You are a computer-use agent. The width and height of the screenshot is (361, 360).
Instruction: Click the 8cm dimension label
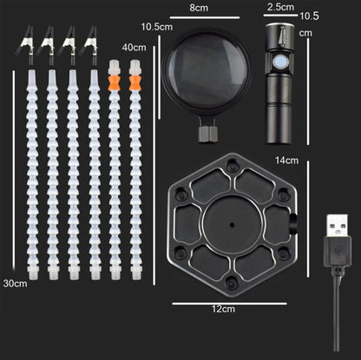click(199, 8)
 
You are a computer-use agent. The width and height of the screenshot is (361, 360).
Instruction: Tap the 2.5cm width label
click(280, 7)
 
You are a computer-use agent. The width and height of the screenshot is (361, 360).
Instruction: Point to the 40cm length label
click(134, 47)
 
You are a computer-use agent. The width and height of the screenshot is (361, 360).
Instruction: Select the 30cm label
click(15, 284)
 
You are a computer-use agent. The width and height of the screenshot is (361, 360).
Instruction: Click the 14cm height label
click(286, 160)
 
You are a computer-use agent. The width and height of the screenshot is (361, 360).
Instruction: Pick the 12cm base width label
click(223, 309)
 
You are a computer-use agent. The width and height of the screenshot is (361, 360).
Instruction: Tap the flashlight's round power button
click(280, 62)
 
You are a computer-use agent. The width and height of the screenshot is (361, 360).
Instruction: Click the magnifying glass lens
click(206, 71)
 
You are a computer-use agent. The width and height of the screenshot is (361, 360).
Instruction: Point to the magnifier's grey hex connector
click(208, 134)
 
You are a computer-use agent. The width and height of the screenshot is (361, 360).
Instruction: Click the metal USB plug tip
click(338, 226)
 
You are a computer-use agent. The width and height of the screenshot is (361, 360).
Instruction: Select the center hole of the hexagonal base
click(232, 225)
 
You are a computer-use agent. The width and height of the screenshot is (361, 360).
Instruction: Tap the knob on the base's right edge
click(293, 225)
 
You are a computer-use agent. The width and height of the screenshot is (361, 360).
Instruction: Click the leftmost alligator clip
click(25, 43)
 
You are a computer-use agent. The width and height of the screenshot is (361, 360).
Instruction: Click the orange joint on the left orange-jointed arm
click(114, 82)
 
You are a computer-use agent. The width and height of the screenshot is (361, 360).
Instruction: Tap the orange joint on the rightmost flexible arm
click(135, 82)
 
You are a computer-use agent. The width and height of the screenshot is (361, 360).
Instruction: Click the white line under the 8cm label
click(205, 17)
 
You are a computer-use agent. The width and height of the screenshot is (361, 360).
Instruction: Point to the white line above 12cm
click(229, 304)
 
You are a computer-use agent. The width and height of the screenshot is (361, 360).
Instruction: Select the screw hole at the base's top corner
click(232, 166)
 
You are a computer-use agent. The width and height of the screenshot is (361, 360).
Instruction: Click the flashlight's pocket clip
click(283, 36)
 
